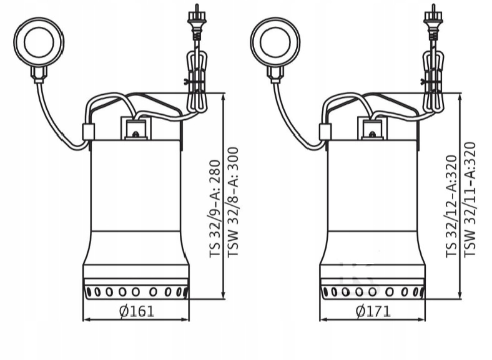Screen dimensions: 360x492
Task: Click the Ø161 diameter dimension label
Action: click(135, 311)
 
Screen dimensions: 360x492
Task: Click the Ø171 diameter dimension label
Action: click(373, 311)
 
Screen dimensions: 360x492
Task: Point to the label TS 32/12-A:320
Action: click(451, 207)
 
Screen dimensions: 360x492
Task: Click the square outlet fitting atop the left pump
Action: click(135, 130)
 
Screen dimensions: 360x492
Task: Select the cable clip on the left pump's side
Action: click(88, 132)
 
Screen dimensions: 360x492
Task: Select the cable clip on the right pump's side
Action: click(325, 132)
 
